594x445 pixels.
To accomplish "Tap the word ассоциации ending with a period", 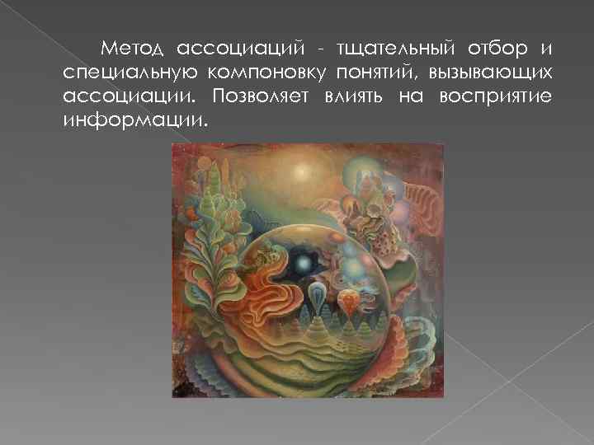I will click(x=130, y=96).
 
